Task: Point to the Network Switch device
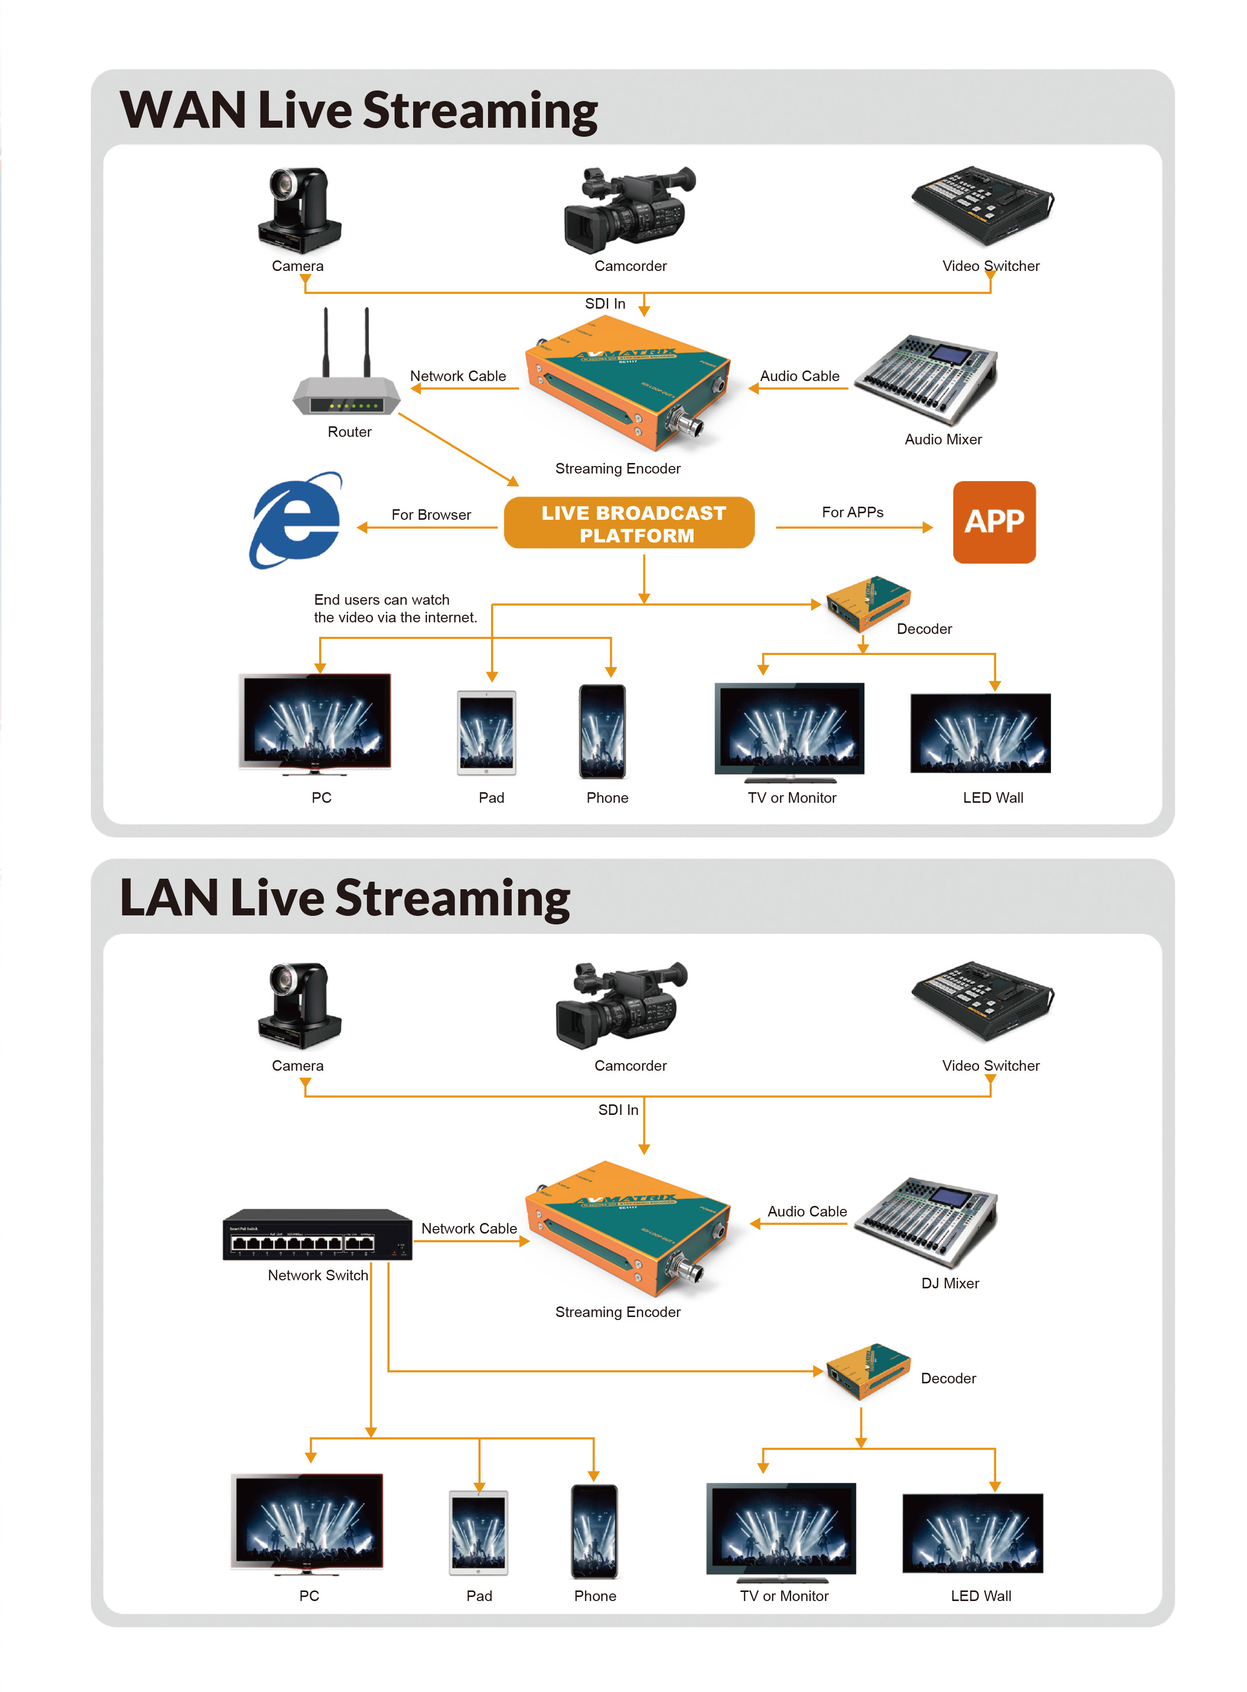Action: [x=317, y=1235]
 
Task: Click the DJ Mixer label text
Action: [x=949, y=1283]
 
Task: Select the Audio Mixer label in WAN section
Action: [x=943, y=439]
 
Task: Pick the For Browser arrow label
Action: [x=431, y=515]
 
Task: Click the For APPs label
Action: [x=852, y=512]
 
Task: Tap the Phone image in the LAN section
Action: [x=594, y=1532]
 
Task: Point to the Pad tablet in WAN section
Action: [x=487, y=732]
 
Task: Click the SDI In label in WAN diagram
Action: [x=605, y=304]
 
